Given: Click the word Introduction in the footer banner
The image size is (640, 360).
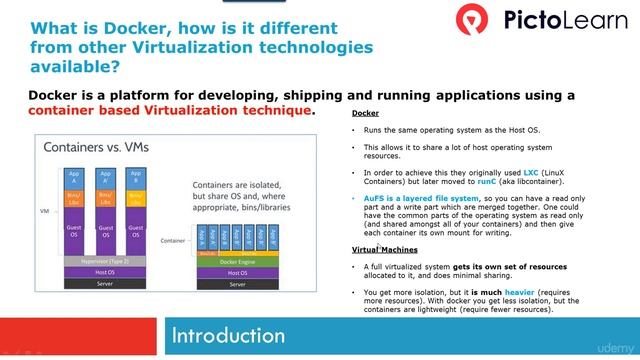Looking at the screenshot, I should click(229, 334).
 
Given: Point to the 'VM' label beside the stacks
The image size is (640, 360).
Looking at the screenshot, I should click(44, 212).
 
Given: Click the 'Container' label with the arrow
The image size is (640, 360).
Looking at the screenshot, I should click(172, 240).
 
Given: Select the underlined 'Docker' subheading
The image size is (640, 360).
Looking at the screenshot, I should click(365, 114).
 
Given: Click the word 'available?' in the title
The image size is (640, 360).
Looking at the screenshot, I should click(74, 67).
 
